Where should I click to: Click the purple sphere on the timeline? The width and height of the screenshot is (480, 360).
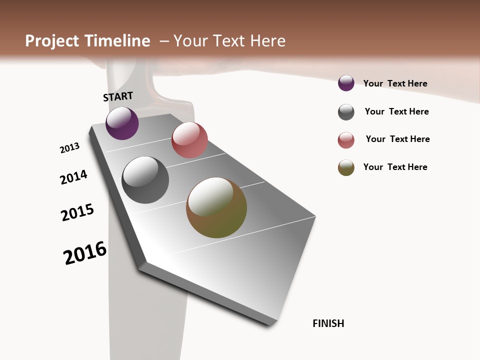(x=122, y=123)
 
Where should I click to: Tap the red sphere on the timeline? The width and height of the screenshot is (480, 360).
(x=189, y=140)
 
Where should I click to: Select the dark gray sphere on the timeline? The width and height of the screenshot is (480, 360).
(x=145, y=180)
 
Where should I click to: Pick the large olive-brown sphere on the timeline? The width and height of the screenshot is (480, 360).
(x=216, y=207)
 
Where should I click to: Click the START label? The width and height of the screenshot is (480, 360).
(x=118, y=96)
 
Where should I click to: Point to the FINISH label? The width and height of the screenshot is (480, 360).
(x=328, y=323)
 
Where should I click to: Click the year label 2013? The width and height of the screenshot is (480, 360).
(x=70, y=148)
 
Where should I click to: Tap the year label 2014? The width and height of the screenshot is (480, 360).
(x=73, y=177)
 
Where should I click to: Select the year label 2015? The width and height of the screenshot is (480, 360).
(x=77, y=212)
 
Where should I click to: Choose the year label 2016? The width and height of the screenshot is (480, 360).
(x=85, y=253)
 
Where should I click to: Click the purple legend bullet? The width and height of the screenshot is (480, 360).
(x=346, y=83)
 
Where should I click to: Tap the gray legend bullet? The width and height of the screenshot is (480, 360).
(x=346, y=112)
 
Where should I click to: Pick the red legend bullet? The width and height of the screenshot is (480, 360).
(x=346, y=140)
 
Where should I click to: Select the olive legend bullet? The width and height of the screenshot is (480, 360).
(x=346, y=167)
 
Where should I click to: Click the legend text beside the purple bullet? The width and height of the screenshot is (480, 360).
(x=395, y=83)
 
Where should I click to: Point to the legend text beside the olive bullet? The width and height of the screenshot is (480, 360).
(x=395, y=167)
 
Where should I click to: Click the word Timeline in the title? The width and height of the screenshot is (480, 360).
(x=117, y=41)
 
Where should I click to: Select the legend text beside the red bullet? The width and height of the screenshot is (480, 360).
(x=397, y=139)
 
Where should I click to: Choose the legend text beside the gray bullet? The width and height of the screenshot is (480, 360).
(x=396, y=111)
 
